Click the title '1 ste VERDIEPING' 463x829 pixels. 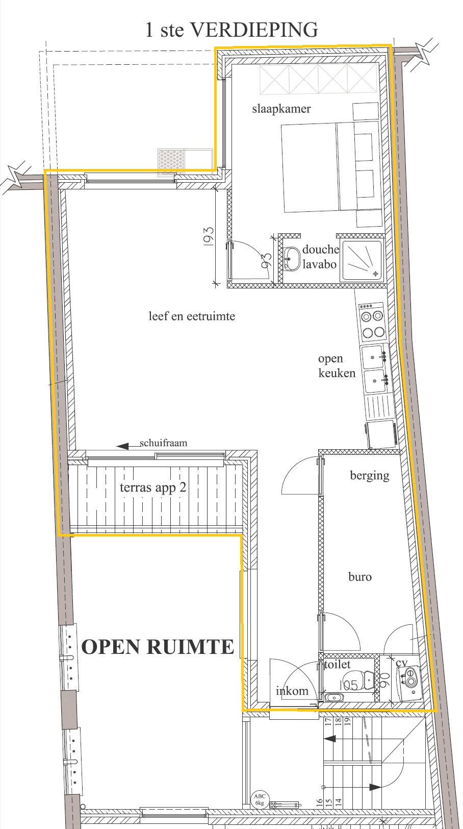(232, 30)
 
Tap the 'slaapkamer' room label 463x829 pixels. (281, 109)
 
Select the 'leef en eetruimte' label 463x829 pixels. (192, 316)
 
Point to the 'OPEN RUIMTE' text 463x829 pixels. (158, 647)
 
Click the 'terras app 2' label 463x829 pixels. (153, 488)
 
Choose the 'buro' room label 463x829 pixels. (360, 577)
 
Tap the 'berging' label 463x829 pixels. (370, 476)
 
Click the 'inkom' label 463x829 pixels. (292, 691)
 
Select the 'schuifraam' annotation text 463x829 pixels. (163, 443)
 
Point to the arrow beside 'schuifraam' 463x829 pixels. (128, 446)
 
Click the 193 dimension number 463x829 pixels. (208, 236)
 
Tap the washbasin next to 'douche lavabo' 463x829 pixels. (292, 258)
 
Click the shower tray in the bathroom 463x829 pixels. (363, 260)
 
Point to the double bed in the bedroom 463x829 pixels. (331, 167)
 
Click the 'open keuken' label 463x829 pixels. (337, 366)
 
